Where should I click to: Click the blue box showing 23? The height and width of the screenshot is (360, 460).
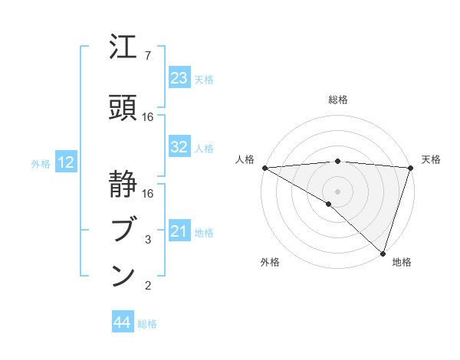(x=179, y=78)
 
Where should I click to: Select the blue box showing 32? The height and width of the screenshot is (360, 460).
(x=179, y=148)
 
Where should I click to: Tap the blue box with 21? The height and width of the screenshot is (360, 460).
(x=179, y=232)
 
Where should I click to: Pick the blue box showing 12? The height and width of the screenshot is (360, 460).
(x=66, y=162)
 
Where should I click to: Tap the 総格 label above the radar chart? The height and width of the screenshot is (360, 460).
(x=338, y=100)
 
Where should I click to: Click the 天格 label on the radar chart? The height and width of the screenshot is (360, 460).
(x=431, y=159)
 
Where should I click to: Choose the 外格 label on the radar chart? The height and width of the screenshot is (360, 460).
(x=270, y=263)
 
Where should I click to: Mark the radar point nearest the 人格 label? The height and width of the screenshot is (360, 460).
(x=264, y=167)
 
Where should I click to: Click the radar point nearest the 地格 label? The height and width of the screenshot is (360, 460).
(x=383, y=252)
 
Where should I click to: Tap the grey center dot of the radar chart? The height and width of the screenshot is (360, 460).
(x=337, y=191)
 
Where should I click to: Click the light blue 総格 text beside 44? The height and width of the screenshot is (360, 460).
(x=147, y=324)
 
